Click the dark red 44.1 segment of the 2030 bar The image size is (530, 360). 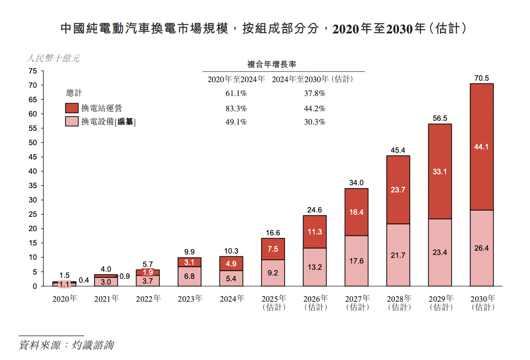[x=481, y=147]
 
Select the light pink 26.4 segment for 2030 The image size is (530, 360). [x=481, y=248]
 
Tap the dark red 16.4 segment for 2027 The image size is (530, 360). [x=356, y=212]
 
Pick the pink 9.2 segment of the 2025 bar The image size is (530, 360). [x=273, y=273]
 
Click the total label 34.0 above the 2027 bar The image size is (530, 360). [x=356, y=183]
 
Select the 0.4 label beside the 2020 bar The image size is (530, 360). [x=84, y=280]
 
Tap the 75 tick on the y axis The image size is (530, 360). [x=32, y=71]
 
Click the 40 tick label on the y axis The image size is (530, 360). [x=32, y=171]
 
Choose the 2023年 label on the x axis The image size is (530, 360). [x=190, y=299]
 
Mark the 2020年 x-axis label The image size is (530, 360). [x=64, y=299]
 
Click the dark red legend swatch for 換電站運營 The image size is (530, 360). [x=72, y=108]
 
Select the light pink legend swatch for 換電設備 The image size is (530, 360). [x=72, y=122]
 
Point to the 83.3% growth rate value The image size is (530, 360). [x=236, y=108]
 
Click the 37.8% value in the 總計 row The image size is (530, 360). [x=315, y=94]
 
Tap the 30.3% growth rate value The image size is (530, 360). [x=315, y=122]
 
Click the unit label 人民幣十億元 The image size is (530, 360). [x=53, y=59]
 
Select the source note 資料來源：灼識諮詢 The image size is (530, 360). [x=66, y=345]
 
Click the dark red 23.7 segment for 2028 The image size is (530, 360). [x=398, y=190]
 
